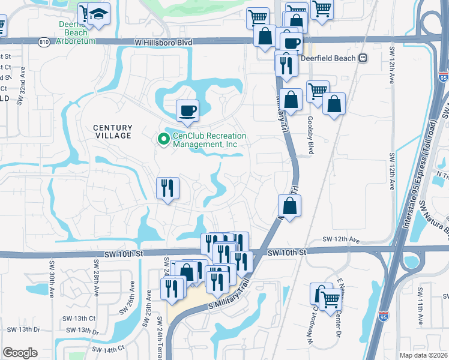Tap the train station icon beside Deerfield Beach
tap(363, 59)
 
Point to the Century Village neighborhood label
tap(112, 131)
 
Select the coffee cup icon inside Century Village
tap(187, 110)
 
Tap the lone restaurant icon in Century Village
tap(167, 188)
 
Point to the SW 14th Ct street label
tap(108, 349)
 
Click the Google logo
tap(20, 353)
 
